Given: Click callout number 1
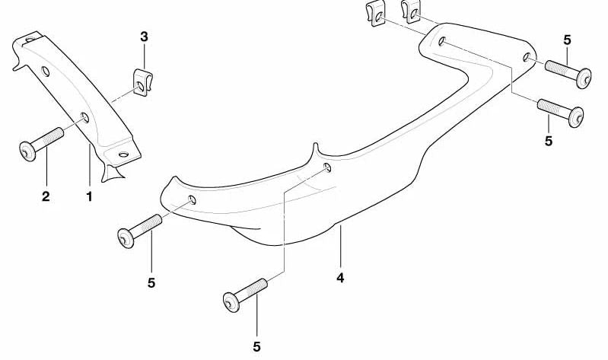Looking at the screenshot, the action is tap(90, 196).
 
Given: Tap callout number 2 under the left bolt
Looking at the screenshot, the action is tap(46, 196).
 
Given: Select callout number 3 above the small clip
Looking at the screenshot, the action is tap(144, 37).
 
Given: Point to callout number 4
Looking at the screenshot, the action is tap(340, 278).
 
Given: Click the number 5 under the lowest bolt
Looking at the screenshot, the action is tap(256, 347).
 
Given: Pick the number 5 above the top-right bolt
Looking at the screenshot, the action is tap(567, 40).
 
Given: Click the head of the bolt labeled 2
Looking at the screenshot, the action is tap(27, 151).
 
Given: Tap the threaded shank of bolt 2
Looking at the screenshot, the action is tap(48, 138).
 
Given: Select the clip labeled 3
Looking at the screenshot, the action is tap(142, 82).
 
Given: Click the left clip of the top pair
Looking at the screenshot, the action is tap(377, 14).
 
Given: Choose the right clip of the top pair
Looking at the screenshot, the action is tap(412, 11).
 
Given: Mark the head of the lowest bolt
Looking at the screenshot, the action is tap(231, 302).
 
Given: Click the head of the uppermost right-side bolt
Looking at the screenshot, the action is tap(584, 78).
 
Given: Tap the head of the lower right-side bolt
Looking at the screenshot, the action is tap(576, 116).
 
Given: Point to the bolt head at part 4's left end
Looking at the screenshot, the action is tap(126, 237).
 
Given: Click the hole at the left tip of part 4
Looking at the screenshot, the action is tap(192, 200).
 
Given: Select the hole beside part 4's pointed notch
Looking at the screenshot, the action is tap(327, 167).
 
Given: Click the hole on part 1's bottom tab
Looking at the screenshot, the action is tap(123, 155).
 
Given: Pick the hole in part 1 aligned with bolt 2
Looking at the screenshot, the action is tap(84, 117).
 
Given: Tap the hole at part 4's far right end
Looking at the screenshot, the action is tap(527, 57).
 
